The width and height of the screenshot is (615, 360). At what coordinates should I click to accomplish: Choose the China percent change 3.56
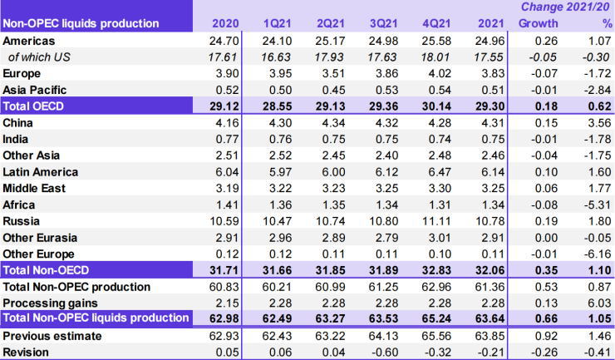coord(593,122)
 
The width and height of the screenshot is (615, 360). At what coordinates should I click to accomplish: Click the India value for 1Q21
coord(278,138)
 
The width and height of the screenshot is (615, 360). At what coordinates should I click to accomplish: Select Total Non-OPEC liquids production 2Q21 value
coord(330,318)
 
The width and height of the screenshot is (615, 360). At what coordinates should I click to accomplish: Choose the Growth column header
coord(538,23)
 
